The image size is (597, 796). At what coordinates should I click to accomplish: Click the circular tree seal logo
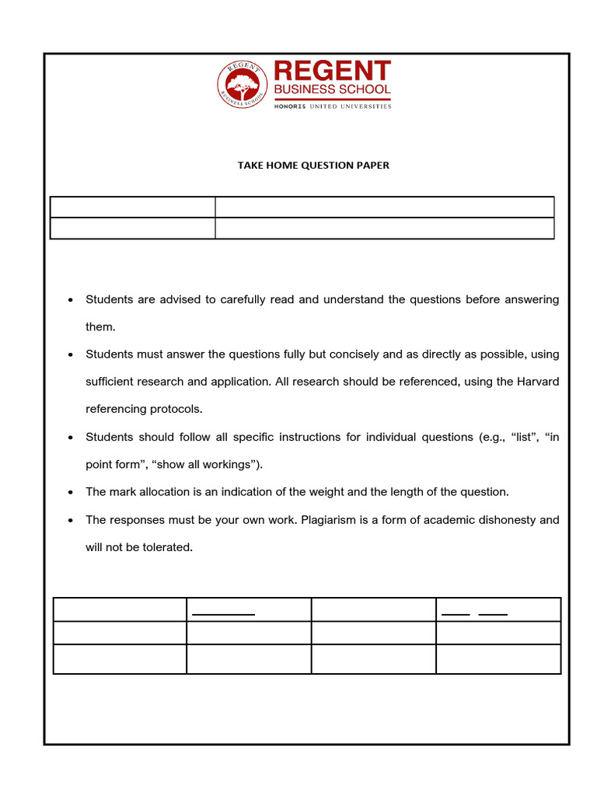pos(242,85)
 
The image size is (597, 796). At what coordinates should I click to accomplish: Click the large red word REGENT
pos(332,72)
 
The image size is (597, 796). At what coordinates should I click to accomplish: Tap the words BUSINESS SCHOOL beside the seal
pos(332,90)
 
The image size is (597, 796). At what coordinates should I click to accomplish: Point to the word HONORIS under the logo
pos(291,106)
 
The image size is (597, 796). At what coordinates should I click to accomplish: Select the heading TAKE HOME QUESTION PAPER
pos(313,166)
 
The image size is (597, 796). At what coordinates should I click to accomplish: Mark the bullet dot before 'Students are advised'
pos(71,300)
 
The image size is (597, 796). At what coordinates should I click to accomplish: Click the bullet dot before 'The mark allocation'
pos(71,493)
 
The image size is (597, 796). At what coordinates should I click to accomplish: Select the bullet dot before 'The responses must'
pos(71,520)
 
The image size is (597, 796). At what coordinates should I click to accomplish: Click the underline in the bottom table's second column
pos(224,615)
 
